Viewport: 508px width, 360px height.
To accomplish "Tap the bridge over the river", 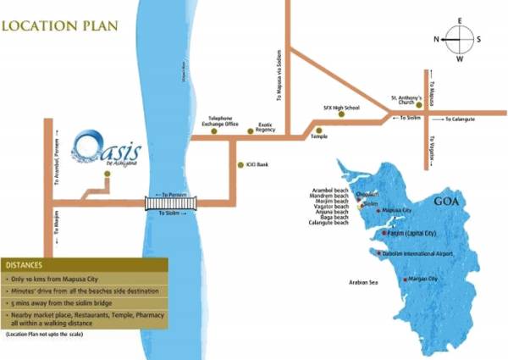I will coord(169,203).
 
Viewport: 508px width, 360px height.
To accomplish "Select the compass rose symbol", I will coord(458,39).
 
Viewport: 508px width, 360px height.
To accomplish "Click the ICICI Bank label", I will coord(258,164).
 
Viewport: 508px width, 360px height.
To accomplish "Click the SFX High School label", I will coord(341,108).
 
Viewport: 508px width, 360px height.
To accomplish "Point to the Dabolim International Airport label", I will coord(418,254).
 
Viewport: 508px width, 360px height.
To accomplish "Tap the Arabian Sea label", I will coord(363,282).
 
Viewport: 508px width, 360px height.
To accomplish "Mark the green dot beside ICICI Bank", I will coord(240,164).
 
